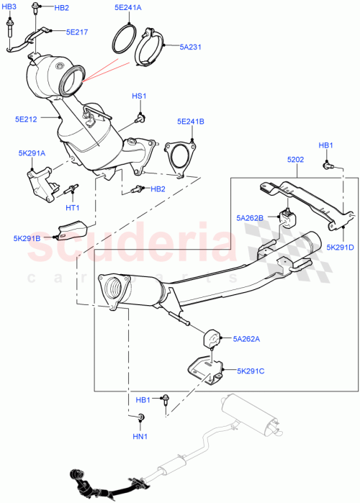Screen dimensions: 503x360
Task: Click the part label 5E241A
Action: [127, 8]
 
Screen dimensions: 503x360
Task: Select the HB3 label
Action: [9, 6]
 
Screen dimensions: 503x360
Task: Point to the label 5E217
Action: [77, 32]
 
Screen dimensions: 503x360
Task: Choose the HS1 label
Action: [139, 96]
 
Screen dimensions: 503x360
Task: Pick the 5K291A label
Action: [32, 153]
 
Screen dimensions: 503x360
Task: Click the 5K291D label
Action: [341, 248]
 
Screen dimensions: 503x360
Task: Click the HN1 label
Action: [139, 436]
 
